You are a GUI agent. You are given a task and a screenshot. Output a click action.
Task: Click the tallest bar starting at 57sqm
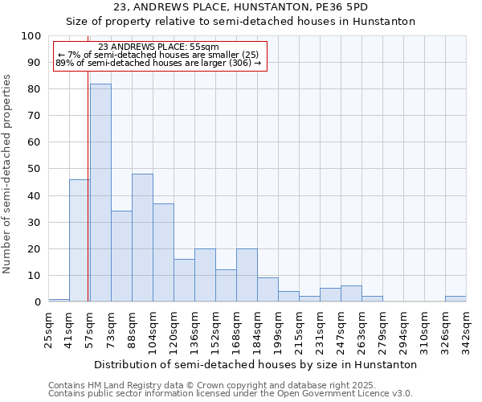100,193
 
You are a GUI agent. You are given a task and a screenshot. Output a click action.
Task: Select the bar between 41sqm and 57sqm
79,240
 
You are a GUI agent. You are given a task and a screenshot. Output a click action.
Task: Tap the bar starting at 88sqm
142,237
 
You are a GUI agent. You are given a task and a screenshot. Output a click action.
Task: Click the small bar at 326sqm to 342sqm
455,299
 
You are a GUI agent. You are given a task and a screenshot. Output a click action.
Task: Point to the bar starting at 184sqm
268,289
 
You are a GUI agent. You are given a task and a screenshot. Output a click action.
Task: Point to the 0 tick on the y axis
37,302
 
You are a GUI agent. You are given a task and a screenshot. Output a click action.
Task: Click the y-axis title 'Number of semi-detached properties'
8,174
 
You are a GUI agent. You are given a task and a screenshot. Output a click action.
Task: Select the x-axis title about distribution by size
255,364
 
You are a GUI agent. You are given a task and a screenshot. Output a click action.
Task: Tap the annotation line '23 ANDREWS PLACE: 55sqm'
157,47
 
